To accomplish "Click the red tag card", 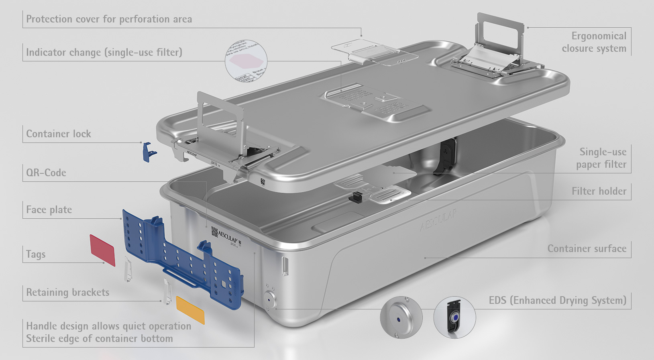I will tap(102, 250).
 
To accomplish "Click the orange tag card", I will tap(190, 310).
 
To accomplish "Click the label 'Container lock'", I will tap(59, 134).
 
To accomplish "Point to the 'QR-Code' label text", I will tap(46, 173).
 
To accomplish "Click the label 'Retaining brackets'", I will tap(67, 292).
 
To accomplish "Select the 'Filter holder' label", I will tap(599, 191).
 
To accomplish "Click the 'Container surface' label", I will tap(587, 248).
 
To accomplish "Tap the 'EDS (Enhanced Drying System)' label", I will tap(557, 300).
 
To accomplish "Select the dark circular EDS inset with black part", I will tap(454, 318).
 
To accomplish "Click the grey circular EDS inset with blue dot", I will tap(401, 318).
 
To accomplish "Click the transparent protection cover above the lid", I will tap(373, 52).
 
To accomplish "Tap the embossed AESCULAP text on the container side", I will tap(438, 220).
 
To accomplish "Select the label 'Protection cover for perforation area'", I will tap(109, 19).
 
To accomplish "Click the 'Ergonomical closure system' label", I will tap(594, 42).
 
